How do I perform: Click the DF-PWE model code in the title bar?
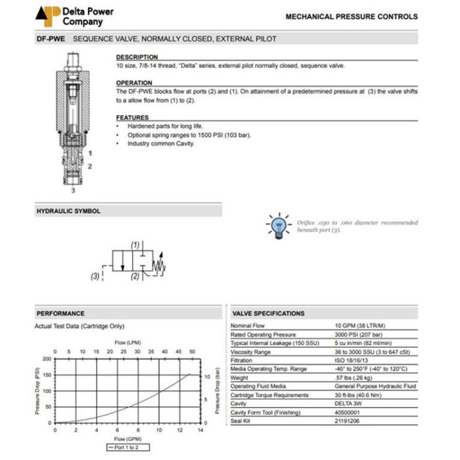pos(50,39)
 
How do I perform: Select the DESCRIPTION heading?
pos(137,57)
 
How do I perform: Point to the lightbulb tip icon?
pos(278,225)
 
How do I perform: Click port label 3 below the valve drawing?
pos(74,190)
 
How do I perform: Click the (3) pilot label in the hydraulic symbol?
pos(95,277)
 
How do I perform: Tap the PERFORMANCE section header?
pos(60,313)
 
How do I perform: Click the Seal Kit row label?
pos(241,420)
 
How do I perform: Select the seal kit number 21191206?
pos(349,420)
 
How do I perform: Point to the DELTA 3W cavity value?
pos(347,403)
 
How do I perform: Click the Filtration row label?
pos(241,360)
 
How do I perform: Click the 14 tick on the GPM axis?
pos(200,430)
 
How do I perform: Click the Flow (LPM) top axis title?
pos(129,342)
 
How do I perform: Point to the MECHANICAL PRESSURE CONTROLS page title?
pos(352,16)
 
